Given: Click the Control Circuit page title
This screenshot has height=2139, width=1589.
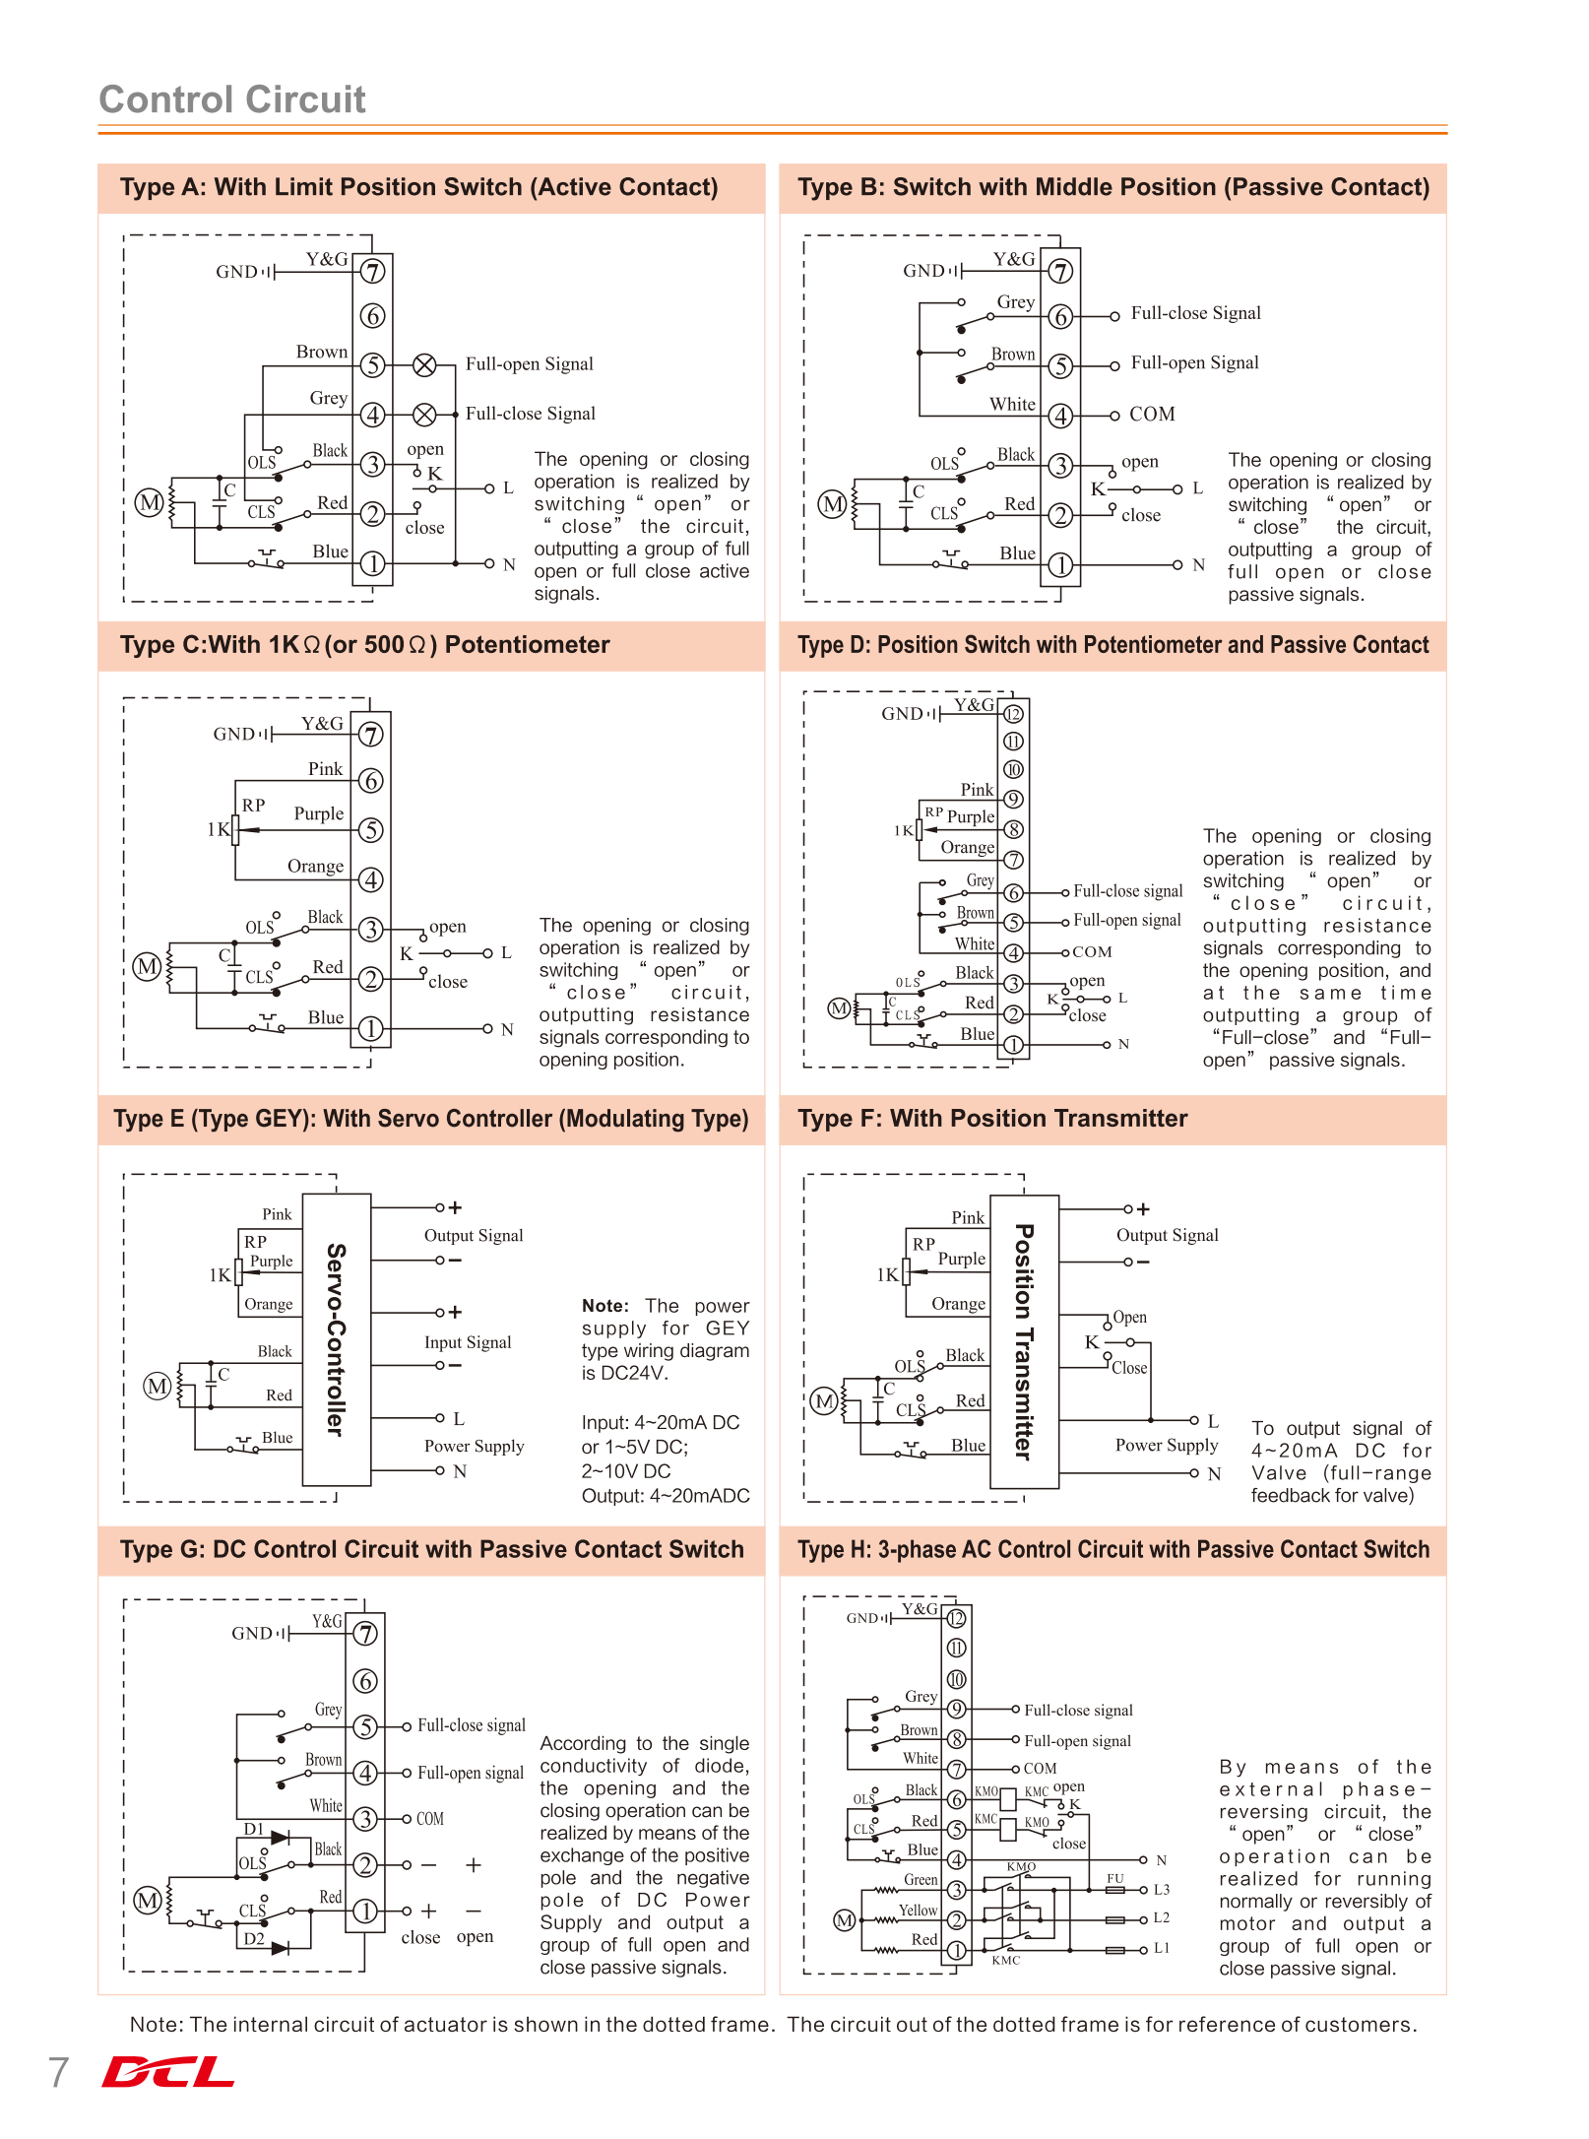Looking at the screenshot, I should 232,99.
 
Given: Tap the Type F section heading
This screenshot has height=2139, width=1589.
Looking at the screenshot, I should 992,1119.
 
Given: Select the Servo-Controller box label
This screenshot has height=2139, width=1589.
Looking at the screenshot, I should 337,1339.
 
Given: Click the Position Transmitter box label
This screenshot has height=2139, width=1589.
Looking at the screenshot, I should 1024,1341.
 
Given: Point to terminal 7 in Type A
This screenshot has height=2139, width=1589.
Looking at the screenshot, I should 372,271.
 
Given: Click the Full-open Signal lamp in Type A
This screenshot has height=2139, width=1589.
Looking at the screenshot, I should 424,365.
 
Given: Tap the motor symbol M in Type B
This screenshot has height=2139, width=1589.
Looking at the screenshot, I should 833,504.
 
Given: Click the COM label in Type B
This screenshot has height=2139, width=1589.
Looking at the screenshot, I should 1152,415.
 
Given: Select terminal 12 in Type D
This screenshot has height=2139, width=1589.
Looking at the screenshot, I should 1013,714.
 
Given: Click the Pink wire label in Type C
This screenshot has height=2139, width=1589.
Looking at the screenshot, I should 325,769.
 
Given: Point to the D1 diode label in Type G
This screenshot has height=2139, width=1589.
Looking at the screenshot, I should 254,1829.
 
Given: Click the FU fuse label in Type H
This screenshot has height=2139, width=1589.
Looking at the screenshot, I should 1114,1878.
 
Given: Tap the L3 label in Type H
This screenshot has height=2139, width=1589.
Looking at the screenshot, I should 1162,1890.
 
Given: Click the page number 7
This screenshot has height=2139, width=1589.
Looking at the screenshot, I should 58,2072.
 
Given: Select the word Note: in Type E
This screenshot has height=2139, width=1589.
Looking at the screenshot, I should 604,1306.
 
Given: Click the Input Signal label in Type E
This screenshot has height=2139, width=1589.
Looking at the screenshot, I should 468,1342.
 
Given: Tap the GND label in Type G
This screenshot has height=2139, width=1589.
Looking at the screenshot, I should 252,1633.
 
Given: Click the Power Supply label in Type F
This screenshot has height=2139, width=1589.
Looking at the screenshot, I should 1167,1445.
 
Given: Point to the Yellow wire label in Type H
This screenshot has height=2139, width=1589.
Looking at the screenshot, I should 918,1911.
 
